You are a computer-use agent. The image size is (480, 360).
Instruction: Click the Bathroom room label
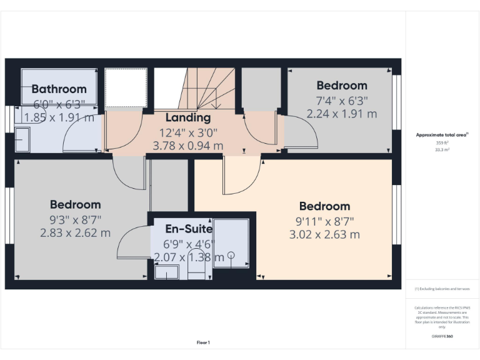[x=59, y=89]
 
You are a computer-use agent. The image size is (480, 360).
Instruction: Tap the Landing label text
[x=187, y=117]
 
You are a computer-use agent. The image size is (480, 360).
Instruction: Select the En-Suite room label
[x=188, y=229]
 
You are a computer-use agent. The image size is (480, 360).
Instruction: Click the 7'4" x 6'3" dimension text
[x=342, y=100]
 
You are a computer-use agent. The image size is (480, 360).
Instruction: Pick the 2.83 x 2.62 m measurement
[x=75, y=233]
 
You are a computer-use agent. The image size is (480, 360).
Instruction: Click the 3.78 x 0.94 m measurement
[x=187, y=146]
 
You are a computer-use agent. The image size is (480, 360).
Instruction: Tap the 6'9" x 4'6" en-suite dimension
[x=188, y=244]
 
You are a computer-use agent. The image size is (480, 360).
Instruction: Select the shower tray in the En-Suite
[x=231, y=242]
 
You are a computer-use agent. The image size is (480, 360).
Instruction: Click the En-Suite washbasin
[x=166, y=272]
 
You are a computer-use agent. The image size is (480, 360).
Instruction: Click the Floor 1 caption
[x=203, y=342]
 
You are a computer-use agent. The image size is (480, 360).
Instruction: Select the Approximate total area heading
[x=442, y=135]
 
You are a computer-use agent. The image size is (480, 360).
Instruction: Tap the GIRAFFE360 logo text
[x=442, y=336]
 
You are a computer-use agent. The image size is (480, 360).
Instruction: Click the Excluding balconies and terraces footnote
[x=442, y=289]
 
